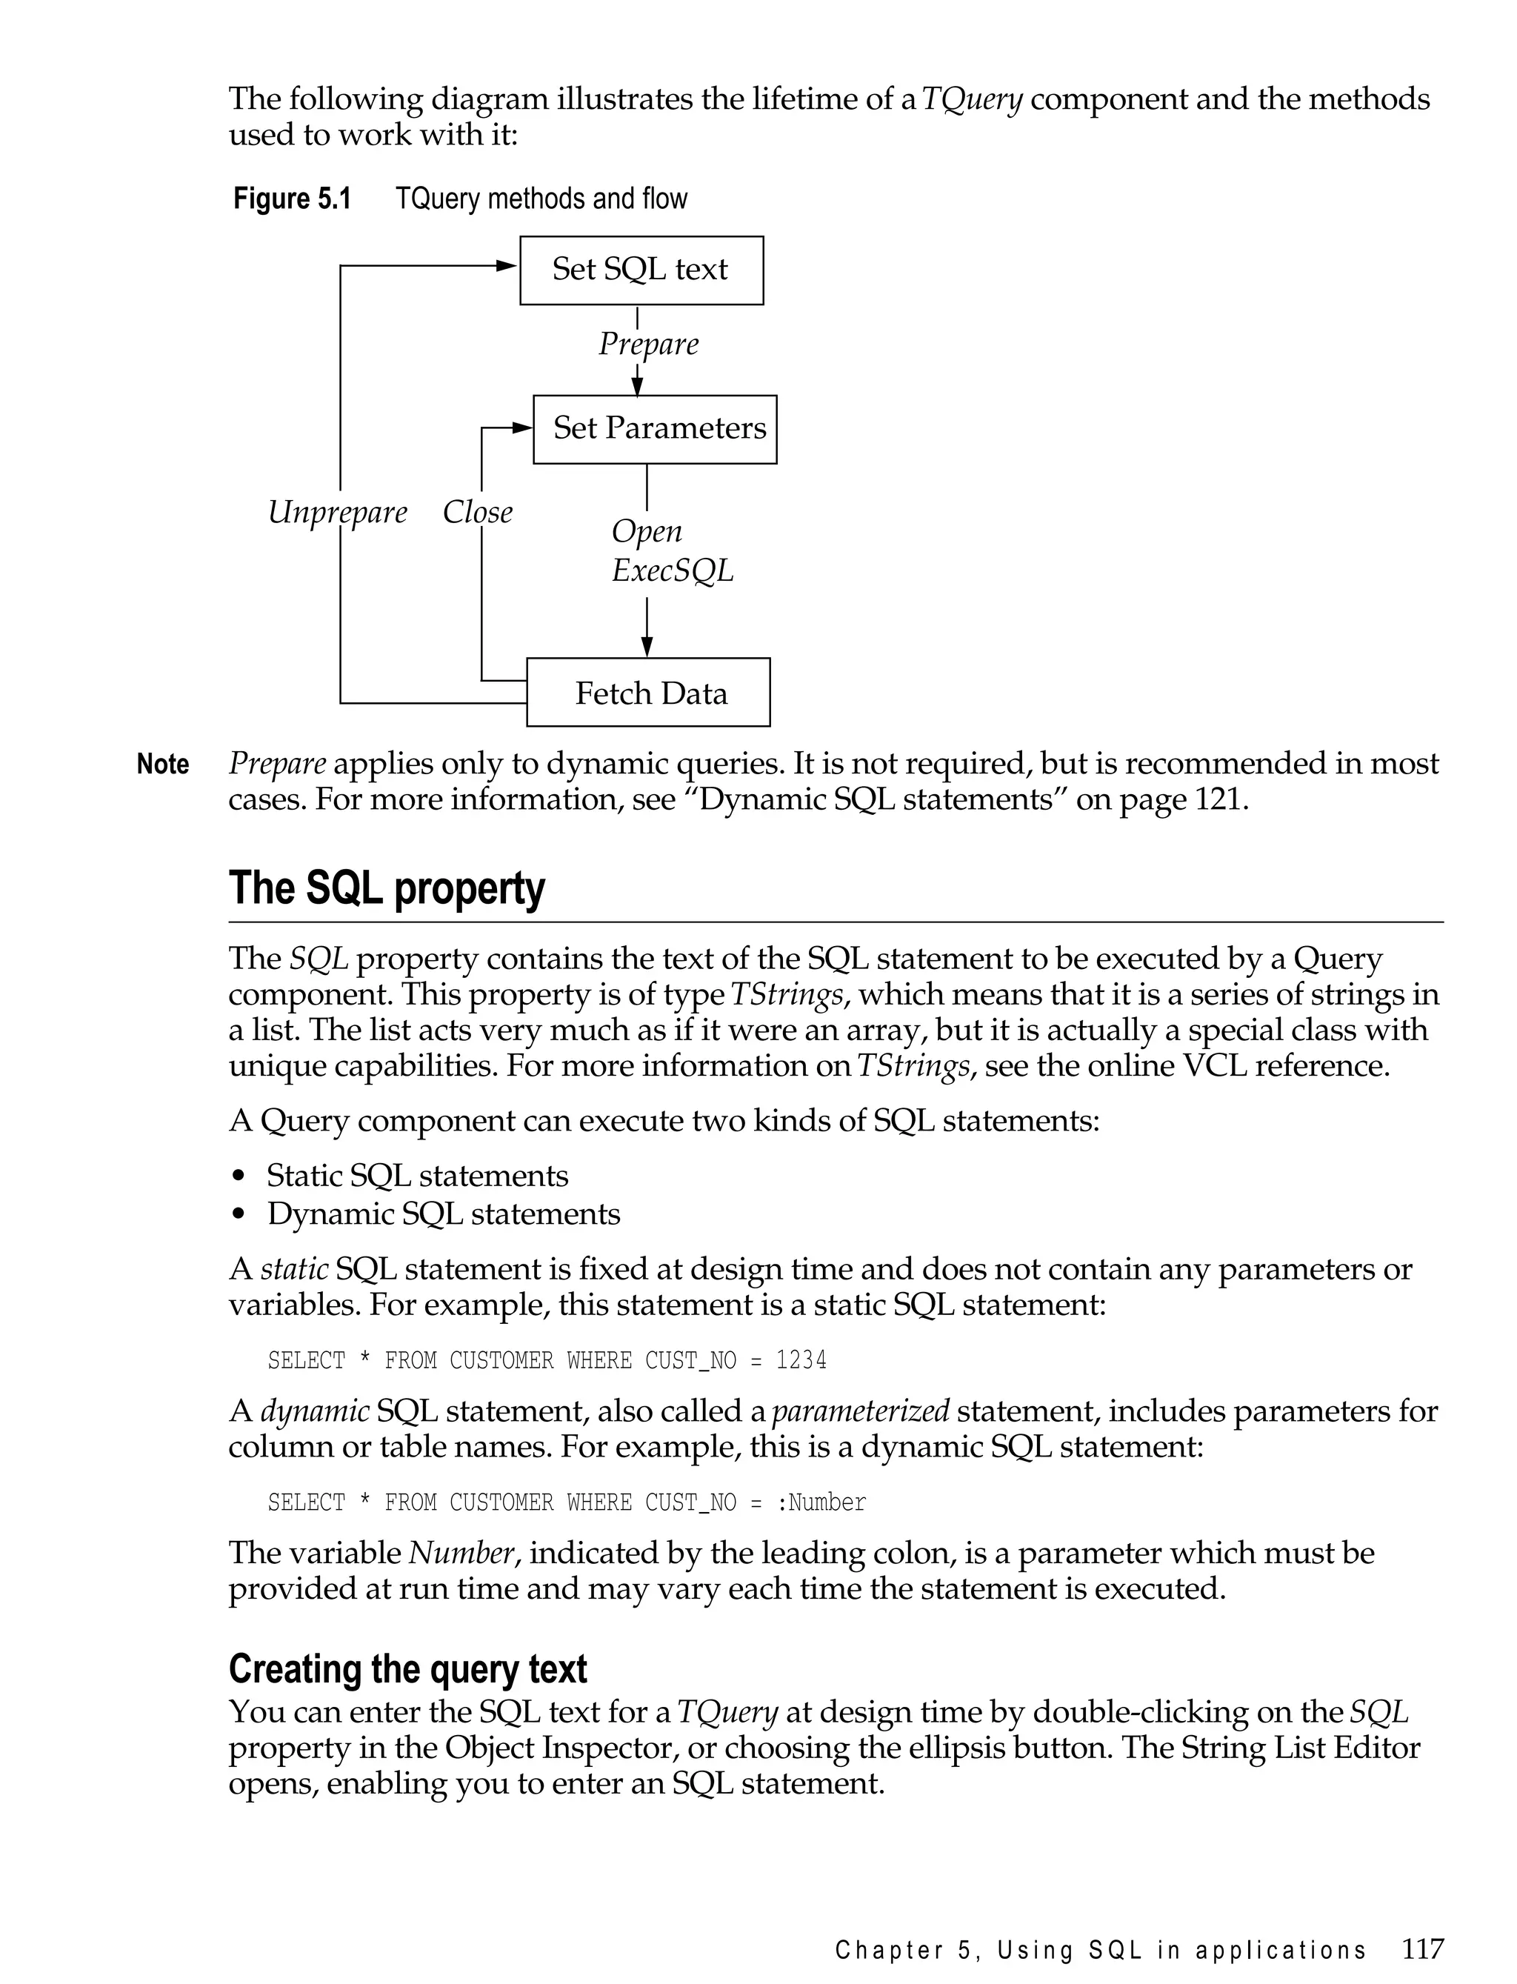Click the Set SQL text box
pyautogui.click(x=641, y=270)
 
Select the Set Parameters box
pyautogui.click(x=655, y=429)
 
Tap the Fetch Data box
pyautogui.click(x=648, y=693)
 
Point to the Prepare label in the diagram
pyautogui.click(x=648, y=344)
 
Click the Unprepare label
pyautogui.click(x=337, y=512)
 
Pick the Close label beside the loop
pyautogui.click(x=477, y=512)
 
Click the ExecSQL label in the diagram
pyautogui.click(x=672, y=570)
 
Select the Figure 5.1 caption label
pyautogui.click(x=292, y=199)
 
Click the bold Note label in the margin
pyautogui.click(x=162, y=764)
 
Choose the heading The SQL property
pyautogui.click(x=387, y=888)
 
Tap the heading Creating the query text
pyautogui.click(x=407, y=1669)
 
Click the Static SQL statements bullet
pyautogui.click(x=417, y=1176)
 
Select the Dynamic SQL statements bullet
pyautogui.click(x=444, y=1214)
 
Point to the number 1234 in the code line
pyautogui.click(x=801, y=1360)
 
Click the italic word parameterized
pyautogui.click(x=861, y=1411)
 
